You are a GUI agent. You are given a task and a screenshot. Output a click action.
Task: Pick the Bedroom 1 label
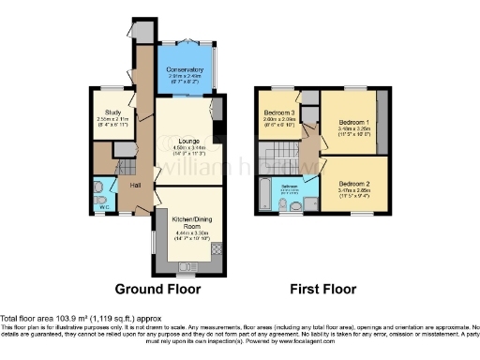350,122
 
